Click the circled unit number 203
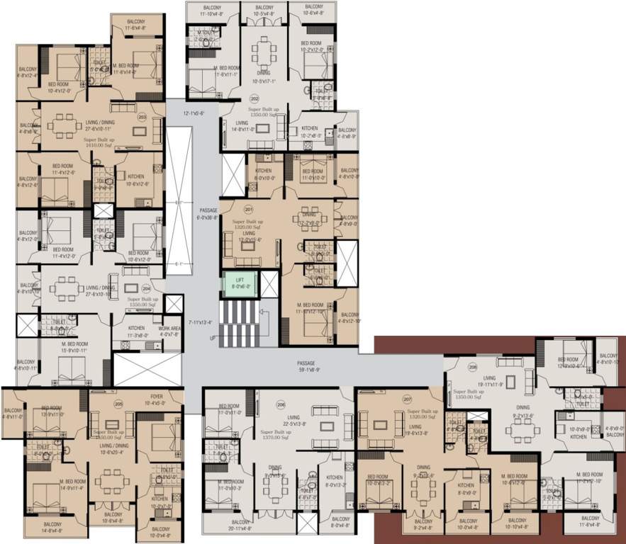(x=142, y=117)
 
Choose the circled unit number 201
(x=248, y=209)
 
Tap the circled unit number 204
(x=146, y=288)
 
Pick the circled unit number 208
(x=473, y=368)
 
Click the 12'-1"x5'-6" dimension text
(x=193, y=113)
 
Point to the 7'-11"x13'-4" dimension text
(x=201, y=322)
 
